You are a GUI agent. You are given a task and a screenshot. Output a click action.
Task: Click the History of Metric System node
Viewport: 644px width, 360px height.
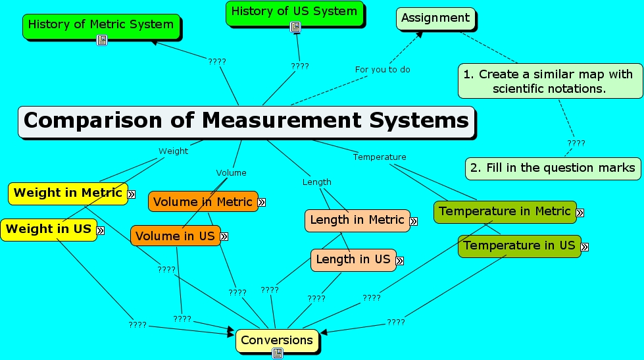[101, 25]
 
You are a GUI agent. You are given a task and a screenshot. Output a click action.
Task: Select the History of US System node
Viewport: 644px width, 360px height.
[294, 11]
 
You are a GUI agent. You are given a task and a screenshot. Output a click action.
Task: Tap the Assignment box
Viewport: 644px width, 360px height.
[435, 17]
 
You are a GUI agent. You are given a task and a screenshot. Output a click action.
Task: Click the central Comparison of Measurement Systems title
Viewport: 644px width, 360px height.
[246, 121]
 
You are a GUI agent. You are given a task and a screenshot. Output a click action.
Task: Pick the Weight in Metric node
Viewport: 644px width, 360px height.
[68, 193]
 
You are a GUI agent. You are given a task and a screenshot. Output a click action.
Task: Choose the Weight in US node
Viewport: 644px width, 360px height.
[49, 229]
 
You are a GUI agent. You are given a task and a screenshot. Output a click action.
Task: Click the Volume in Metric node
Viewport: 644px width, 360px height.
[203, 202]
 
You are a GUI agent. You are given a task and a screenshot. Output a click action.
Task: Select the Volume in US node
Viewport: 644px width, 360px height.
[174, 236]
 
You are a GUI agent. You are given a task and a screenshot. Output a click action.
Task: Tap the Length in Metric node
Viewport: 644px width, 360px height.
[357, 220]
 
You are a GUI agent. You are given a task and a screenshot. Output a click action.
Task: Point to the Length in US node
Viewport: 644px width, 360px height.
[353, 259]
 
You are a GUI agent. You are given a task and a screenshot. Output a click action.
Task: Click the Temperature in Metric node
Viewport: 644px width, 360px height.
[505, 211]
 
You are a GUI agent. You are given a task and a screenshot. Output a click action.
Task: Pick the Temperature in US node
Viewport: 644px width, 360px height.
[519, 245]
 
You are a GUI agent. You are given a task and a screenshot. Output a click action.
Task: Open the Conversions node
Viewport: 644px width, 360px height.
[277, 340]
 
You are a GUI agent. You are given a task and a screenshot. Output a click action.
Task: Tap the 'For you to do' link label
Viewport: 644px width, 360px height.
[383, 69]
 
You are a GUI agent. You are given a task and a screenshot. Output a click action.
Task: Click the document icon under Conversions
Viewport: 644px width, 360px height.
[278, 354]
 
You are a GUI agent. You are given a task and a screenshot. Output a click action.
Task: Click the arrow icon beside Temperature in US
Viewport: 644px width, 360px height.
[585, 247]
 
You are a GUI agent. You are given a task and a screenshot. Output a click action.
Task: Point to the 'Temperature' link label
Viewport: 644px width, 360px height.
[380, 157]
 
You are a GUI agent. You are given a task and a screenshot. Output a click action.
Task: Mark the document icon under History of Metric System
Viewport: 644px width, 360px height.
[101, 40]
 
